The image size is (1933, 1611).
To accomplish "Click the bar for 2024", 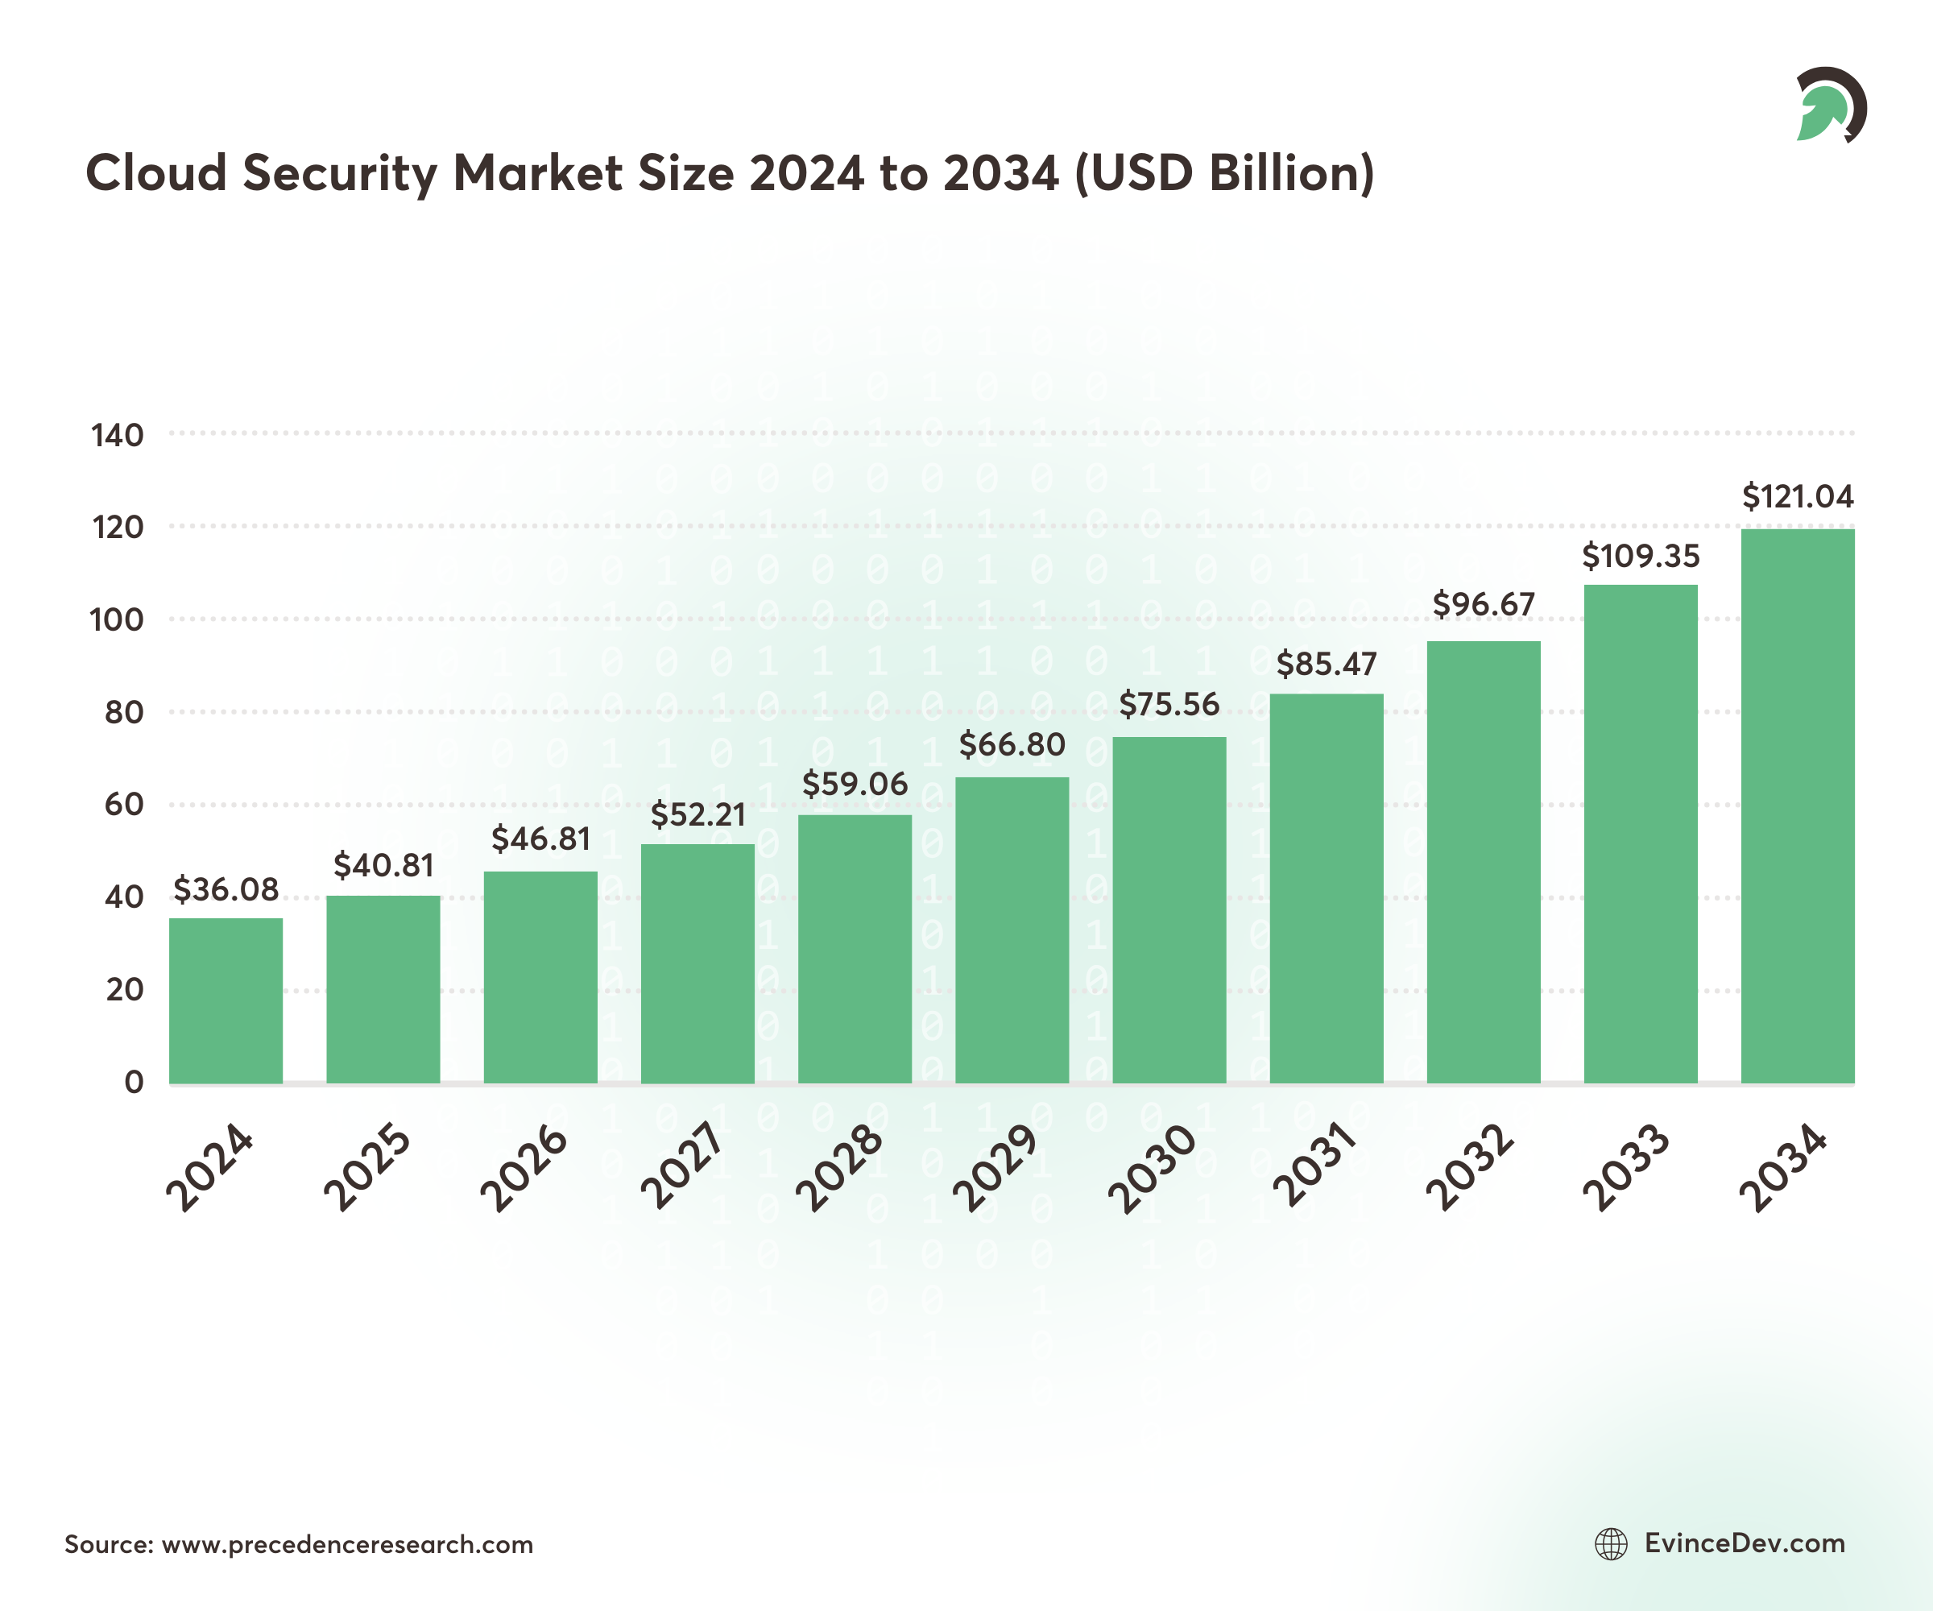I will pos(226,1000).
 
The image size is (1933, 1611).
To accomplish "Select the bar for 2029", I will pos(1012,930).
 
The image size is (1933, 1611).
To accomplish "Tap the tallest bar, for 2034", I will pos(1797,805).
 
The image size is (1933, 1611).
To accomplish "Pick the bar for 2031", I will pos(1327,888).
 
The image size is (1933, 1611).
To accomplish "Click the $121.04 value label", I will pos(1797,497).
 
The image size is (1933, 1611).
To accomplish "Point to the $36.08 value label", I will pos(226,889).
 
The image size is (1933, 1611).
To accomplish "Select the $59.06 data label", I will pos(855,785).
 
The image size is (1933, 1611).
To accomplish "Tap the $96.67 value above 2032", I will pos(1483,605).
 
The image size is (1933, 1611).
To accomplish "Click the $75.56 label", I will pos(1169,705).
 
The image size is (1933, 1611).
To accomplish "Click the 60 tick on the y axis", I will pos(123,805).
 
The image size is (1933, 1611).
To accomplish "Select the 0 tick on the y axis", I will pos(135,1082).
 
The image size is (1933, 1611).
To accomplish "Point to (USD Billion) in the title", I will pos(1224,173).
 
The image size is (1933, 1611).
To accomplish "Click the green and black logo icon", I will pos(1830,105).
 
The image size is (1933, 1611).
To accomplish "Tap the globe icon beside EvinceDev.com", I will pos(1611,1544).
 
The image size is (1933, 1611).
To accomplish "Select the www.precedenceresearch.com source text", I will pos(347,1544).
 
